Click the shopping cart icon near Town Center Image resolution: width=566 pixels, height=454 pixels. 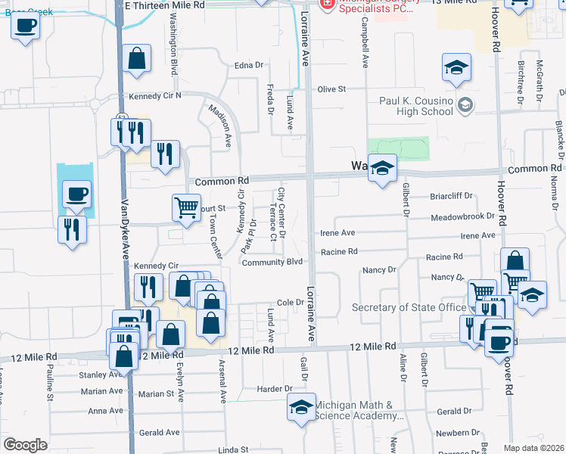click(x=186, y=207)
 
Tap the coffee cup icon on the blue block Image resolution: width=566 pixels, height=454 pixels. click(x=76, y=195)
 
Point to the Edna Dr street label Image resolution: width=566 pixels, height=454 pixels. click(x=247, y=66)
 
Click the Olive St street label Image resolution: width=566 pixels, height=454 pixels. click(x=331, y=89)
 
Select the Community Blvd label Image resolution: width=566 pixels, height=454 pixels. click(x=272, y=262)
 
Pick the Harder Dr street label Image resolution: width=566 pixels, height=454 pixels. click(x=275, y=388)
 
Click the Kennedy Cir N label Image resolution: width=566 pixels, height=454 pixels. click(x=155, y=96)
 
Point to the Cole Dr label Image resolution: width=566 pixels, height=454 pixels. click(x=290, y=302)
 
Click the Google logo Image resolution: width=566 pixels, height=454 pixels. click(x=25, y=445)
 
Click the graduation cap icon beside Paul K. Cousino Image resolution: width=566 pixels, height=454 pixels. click(x=457, y=68)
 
